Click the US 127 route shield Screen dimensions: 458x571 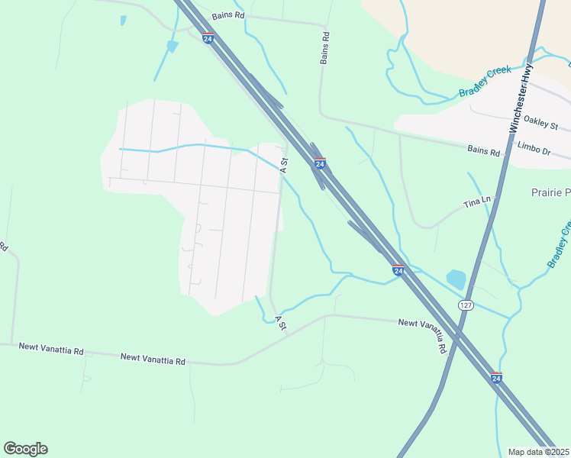[465, 305]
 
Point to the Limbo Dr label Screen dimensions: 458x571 [534, 149]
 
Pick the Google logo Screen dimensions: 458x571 [25, 449]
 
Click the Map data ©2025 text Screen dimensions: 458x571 [539, 452]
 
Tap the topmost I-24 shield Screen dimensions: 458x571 [208, 39]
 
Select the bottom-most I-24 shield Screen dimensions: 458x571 [496, 378]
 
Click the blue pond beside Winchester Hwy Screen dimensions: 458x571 [456, 279]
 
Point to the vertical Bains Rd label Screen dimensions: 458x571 [325, 47]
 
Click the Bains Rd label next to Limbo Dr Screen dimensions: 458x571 [484, 152]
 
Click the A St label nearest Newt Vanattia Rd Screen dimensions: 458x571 [280, 324]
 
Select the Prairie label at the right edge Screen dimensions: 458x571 [550, 193]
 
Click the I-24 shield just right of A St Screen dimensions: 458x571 [320, 163]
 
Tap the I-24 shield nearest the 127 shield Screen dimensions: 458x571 [398, 270]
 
